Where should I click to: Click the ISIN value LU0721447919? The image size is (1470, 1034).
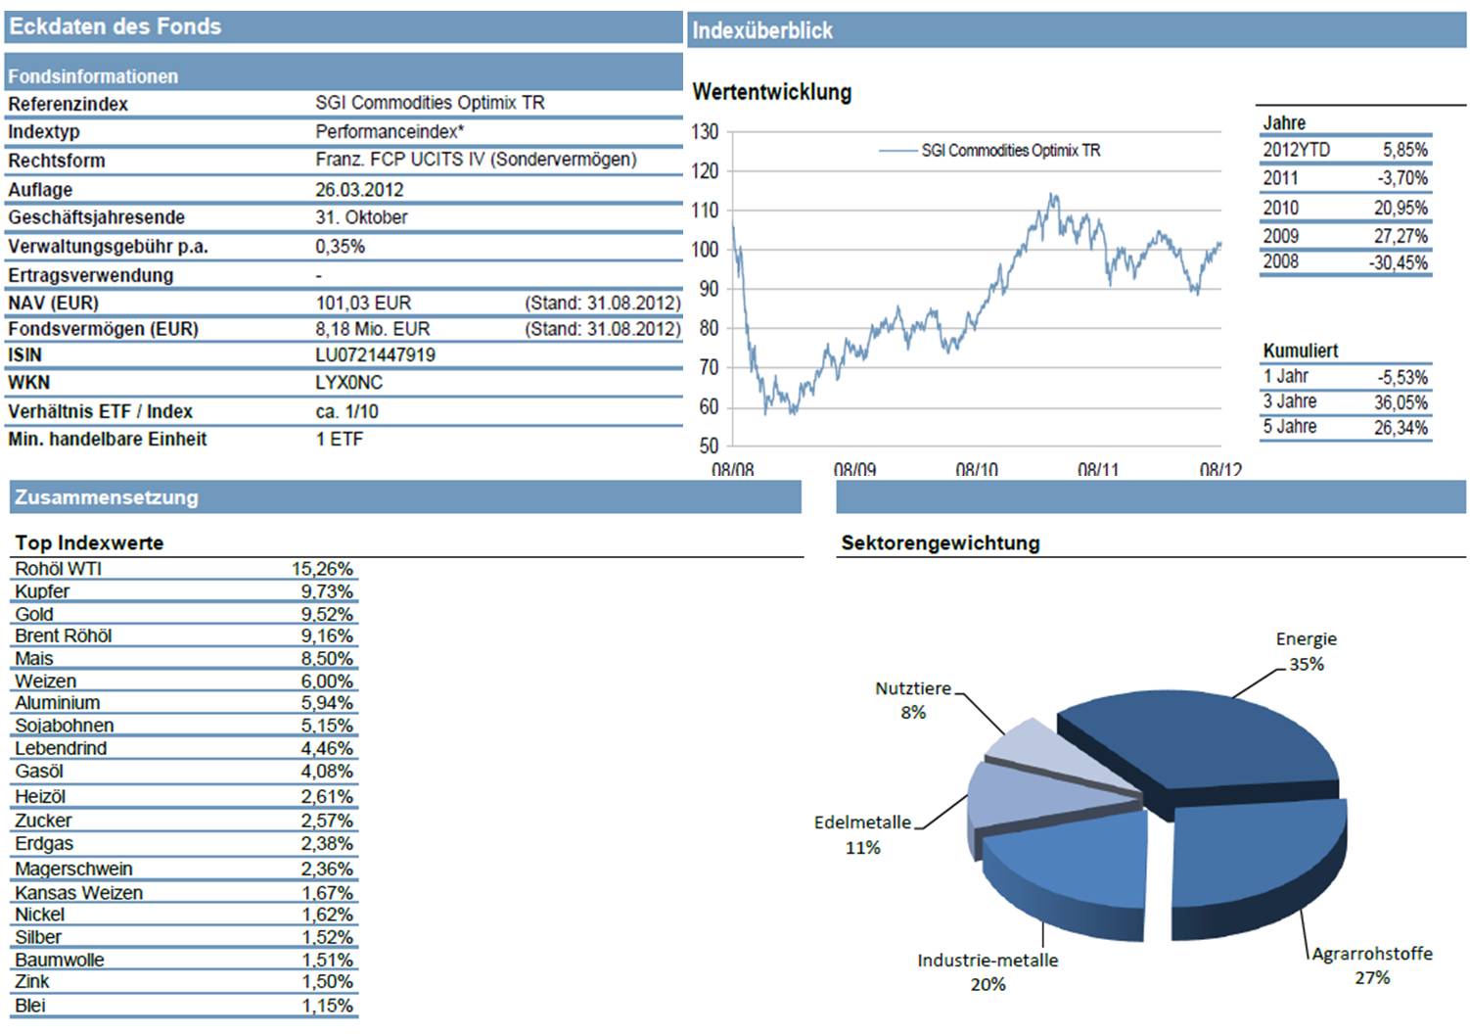375,354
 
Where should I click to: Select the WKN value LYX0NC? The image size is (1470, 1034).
348,383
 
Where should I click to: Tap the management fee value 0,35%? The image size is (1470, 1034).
340,247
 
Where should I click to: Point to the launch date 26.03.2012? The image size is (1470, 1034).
359,190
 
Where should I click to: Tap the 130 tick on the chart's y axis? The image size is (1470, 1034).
705,132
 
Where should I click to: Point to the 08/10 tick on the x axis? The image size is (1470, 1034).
976,470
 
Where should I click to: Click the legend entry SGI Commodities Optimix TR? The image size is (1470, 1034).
1010,151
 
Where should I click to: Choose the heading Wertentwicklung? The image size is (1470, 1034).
771,92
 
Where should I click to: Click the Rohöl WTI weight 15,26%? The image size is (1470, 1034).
322,569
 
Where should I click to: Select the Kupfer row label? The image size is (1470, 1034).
42,591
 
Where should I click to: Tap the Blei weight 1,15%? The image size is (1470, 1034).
327,1006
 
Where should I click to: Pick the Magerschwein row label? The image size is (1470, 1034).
73,869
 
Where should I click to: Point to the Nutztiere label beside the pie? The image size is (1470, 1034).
912,688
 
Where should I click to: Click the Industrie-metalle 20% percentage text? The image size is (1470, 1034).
988,984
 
